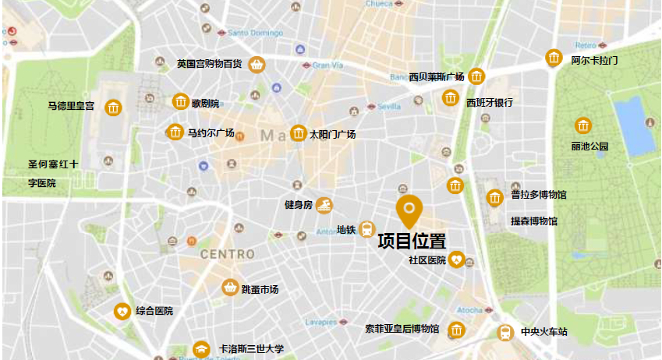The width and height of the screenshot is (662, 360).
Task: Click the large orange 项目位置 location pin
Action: coord(409,209)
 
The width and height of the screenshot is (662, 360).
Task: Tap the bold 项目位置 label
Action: coord(412,242)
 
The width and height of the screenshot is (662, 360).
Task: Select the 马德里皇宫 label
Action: coord(71,106)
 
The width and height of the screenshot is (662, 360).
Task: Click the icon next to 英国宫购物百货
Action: coord(256,64)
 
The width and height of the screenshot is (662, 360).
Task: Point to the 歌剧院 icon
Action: coord(181,101)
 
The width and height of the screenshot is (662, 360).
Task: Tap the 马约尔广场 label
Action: coord(211,132)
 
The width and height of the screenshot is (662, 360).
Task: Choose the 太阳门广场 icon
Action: coord(298,133)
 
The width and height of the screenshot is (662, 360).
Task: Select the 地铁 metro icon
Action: coord(367,229)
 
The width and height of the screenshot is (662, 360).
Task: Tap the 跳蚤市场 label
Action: coord(260,290)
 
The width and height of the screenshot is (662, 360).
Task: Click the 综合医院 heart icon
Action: coord(122,311)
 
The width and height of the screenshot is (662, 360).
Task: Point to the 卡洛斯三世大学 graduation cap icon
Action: coord(202,349)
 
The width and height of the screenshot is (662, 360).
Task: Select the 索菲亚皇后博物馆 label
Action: coord(402,330)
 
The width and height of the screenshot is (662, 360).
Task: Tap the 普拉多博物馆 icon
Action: coord(494,198)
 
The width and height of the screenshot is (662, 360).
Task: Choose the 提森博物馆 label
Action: coord(534,221)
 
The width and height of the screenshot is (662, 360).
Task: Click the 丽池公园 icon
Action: coord(582,125)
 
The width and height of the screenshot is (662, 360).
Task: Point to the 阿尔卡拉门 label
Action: coord(594,60)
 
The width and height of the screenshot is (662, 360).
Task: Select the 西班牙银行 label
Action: coord(489,102)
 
